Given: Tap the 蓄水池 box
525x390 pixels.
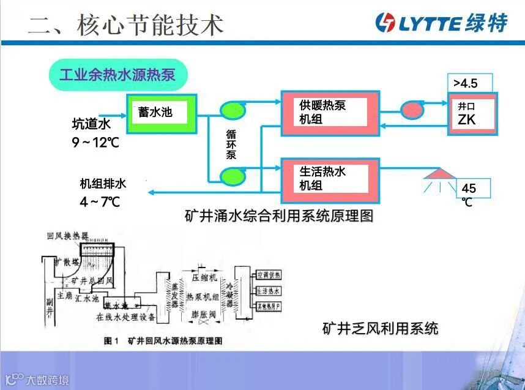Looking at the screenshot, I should [161, 114].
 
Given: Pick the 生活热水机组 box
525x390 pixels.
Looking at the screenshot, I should [330, 178].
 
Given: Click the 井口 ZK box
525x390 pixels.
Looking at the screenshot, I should [472, 114].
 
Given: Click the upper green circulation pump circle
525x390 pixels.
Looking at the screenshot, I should [233, 110].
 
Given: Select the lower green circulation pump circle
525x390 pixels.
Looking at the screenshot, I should [233, 177].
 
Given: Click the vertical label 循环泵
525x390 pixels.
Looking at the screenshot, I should [231, 144].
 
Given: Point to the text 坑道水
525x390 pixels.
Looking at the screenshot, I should [91, 125].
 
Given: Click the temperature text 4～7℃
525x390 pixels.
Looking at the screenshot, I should [99, 201].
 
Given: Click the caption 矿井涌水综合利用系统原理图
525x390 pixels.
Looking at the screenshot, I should [278, 216].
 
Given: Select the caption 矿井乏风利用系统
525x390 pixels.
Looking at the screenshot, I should [380, 328].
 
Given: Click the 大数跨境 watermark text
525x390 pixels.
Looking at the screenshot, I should [47, 380].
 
